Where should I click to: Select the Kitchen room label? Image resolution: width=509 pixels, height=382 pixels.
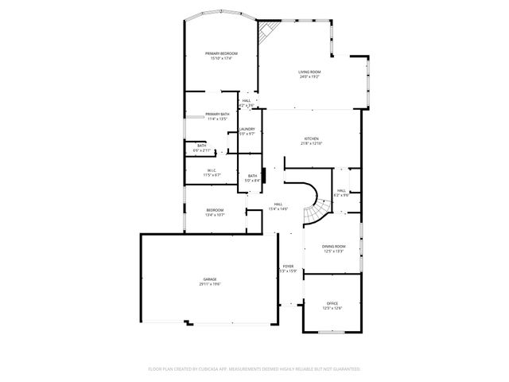(310, 138)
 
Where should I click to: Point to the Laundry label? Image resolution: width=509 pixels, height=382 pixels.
(247, 129)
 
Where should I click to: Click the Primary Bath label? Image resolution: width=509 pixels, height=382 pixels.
(217, 114)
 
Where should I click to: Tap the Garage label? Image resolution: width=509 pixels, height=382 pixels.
(210, 279)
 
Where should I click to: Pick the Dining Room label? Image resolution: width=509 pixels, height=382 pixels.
(333, 246)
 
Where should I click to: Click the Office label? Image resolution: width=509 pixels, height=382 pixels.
(332, 303)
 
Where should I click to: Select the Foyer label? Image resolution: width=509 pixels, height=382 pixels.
(288, 266)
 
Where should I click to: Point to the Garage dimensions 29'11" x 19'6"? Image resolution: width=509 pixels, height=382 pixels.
(210, 284)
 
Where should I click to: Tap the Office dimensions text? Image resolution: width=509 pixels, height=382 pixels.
(332, 308)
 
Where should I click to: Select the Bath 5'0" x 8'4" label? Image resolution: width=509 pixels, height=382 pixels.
(252, 178)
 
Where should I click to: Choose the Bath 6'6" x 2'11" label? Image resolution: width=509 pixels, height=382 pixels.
(201, 147)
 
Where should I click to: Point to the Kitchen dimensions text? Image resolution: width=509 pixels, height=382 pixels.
(310, 143)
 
